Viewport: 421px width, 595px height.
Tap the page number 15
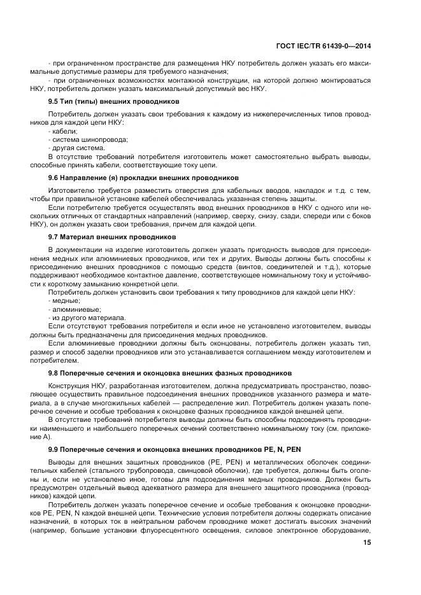(x=367, y=542)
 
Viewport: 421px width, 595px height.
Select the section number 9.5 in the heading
(x=55, y=102)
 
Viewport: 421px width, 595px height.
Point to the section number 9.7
(x=55, y=237)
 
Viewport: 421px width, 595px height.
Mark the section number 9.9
(x=55, y=450)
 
